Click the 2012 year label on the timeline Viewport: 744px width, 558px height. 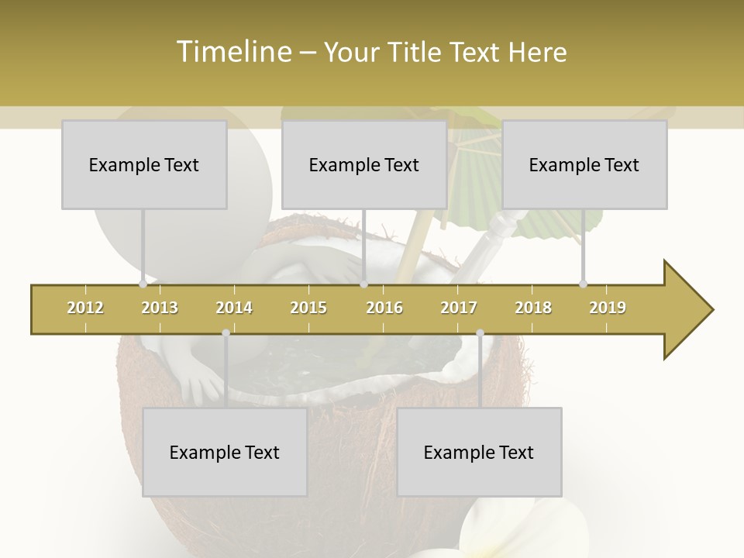pyautogui.click(x=85, y=308)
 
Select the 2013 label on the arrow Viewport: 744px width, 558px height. pyautogui.click(x=160, y=308)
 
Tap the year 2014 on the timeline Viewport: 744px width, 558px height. pyautogui.click(x=234, y=308)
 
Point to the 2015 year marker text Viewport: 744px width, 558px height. pyautogui.click(x=308, y=308)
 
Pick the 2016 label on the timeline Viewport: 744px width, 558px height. pyautogui.click(x=384, y=308)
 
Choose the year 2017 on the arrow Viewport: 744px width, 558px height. pyautogui.click(x=459, y=308)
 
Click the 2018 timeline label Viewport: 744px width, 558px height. pyautogui.click(x=533, y=308)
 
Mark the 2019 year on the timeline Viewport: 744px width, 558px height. pyautogui.click(x=608, y=308)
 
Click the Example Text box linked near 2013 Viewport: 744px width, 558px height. pyautogui.click(x=144, y=164)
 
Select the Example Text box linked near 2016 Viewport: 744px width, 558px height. pyautogui.click(x=364, y=164)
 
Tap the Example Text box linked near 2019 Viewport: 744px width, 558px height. pyautogui.click(x=584, y=164)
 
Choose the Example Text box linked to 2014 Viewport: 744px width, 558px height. pyautogui.click(x=225, y=452)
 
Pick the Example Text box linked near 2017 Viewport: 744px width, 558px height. pyautogui.click(x=479, y=452)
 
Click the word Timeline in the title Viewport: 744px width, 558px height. pyautogui.click(x=233, y=52)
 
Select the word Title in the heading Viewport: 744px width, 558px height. pyautogui.click(x=418, y=52)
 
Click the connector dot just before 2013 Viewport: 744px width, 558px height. pyautogui.click(x=143, y=284)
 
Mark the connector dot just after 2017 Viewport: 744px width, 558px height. pyautogui.click(x=480, y=333)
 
